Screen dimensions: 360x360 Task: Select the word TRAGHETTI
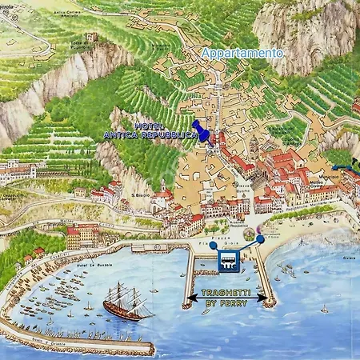coord(228,294)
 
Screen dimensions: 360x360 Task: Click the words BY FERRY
coord(227,304)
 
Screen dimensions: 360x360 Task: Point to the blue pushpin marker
coord(203,132)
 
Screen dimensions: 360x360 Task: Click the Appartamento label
coord(242,53)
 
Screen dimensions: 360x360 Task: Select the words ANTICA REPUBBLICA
coord(150,136)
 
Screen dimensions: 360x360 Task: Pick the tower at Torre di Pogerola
coord(92,37)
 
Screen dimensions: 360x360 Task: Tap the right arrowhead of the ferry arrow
coord(266,298)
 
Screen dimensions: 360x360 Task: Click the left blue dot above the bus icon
coord(213,246)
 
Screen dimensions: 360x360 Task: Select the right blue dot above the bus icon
coord(260,239)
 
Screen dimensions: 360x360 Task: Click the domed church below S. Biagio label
coord(164,197)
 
